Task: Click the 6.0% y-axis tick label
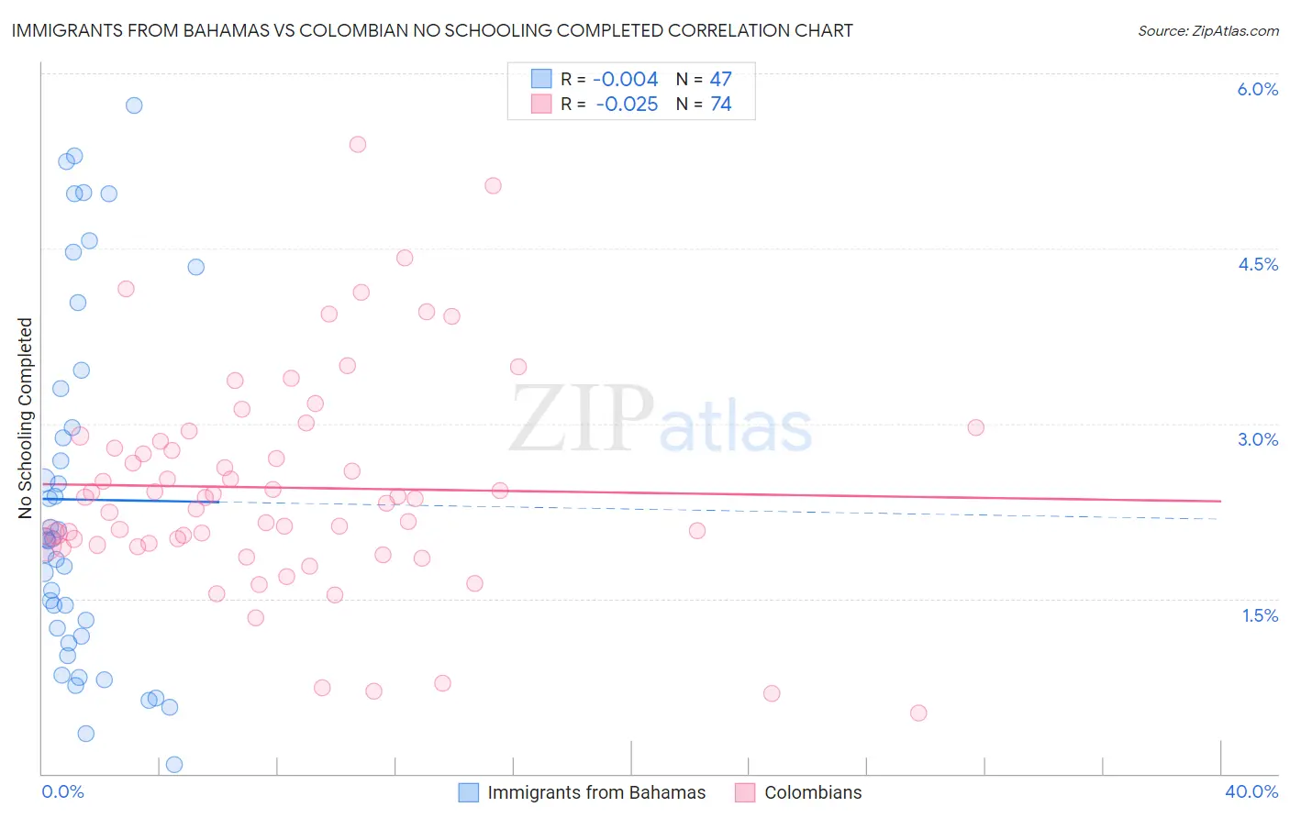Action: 1257,89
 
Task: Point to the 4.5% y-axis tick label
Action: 1257,264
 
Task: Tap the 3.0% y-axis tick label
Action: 1257,439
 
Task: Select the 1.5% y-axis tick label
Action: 1260,615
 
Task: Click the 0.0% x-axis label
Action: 62,791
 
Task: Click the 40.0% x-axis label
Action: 1251,791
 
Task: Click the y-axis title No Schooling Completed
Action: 26,418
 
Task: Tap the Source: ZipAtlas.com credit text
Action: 1207,31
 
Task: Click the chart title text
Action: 432,31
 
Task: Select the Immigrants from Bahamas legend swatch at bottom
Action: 469,792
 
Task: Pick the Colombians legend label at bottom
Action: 813,792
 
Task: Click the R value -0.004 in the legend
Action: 625,80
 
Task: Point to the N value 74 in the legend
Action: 721,105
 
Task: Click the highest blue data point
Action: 134,105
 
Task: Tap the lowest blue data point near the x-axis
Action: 174,765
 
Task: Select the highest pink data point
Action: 358,144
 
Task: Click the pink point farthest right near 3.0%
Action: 976,427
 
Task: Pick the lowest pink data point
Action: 918,713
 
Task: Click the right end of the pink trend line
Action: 1220,501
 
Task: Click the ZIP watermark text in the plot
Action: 582,419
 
